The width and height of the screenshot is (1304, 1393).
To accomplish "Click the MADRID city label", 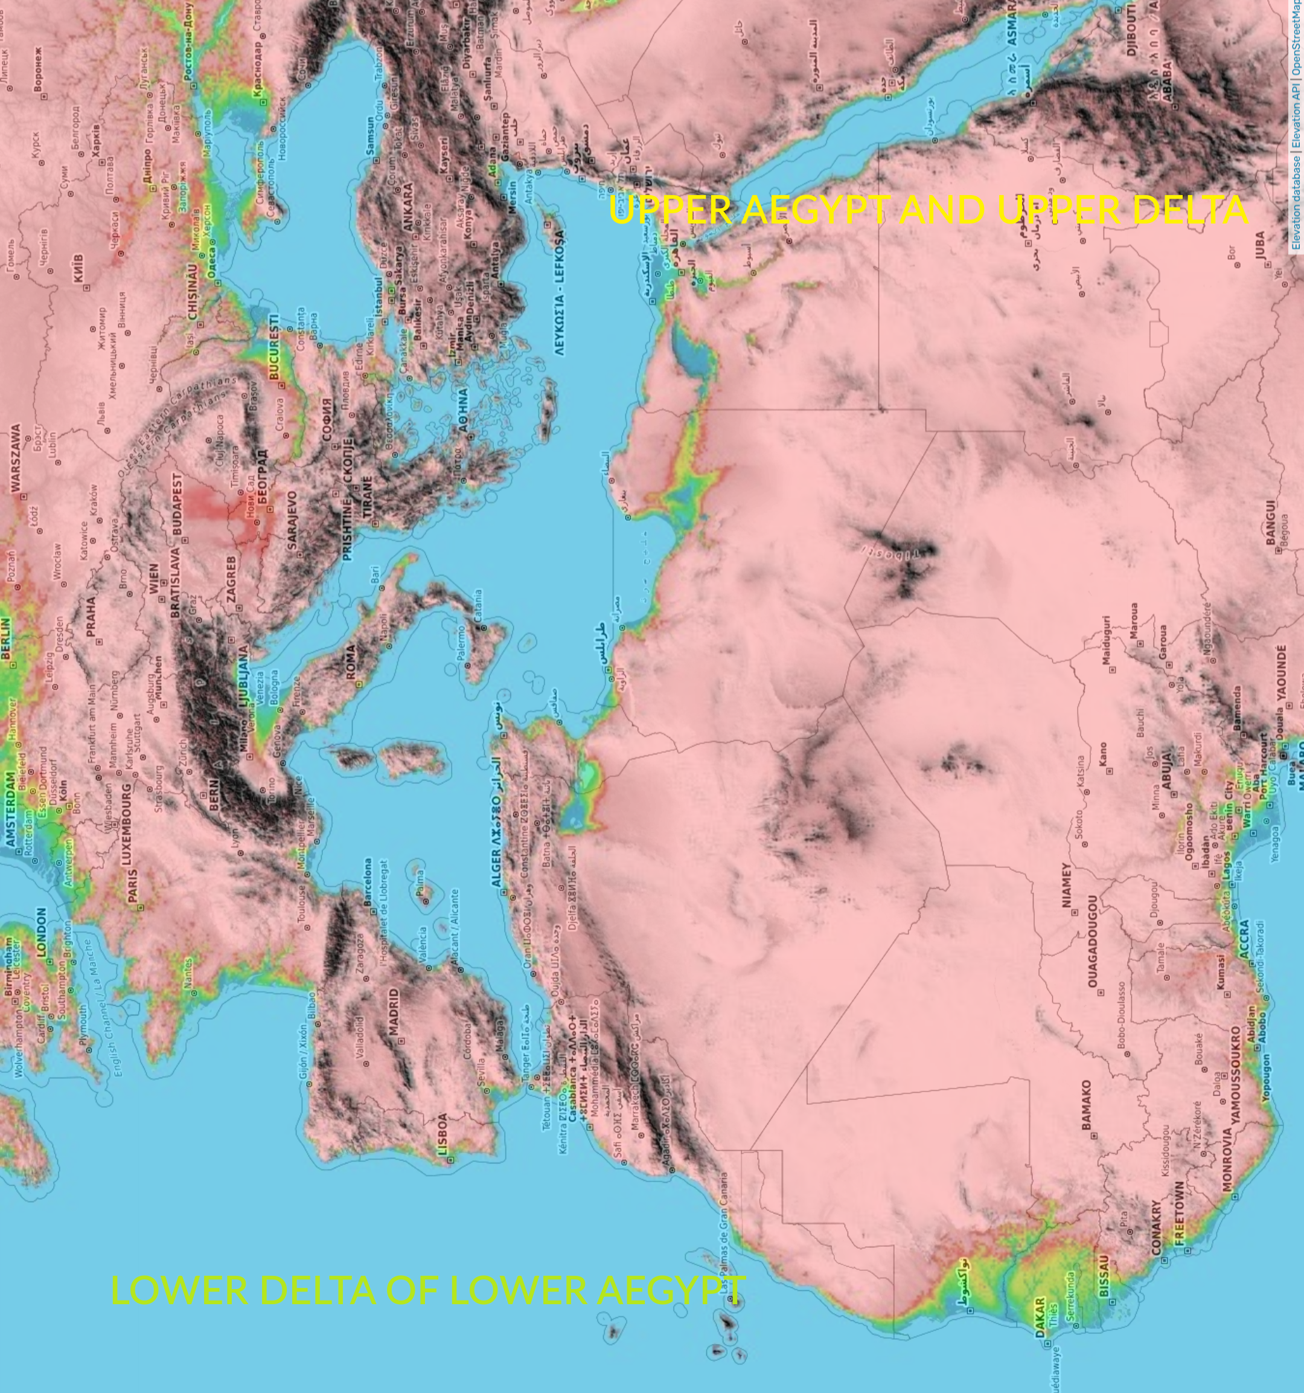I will pyautogui.click(x=394, y=1012).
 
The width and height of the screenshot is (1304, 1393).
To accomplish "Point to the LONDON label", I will pyautogui.click(x=40, y=933).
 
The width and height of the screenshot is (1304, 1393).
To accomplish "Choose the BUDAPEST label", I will pyautogui.click(x=177, y=504).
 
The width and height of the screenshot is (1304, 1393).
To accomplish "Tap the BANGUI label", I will pyautogui.click(x=1271, y=522).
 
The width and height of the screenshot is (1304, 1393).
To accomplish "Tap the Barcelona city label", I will pyautogui.click(x=368, y=882).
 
